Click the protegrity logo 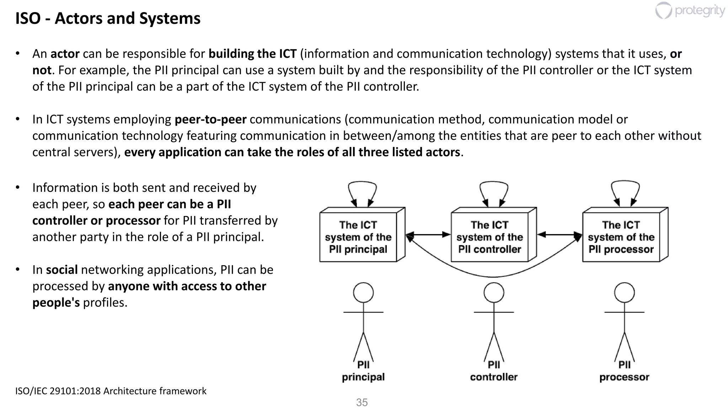coord(690,11)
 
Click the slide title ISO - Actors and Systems coord(108,19)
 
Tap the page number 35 coord(362,403)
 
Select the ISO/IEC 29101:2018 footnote coord(111,391)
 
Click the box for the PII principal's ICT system coord(358,237)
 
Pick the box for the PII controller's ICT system coord(489,237)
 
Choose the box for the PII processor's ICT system coord(621,237)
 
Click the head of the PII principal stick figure coord(363,293)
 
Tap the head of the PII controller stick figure coord(494,293)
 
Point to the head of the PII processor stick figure coord(625,293)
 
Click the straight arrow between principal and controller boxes coord(428,235)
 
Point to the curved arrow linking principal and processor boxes coord(493,276)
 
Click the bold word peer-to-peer coord(210,119)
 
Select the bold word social coord(62,270)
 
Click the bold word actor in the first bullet coord(65,54)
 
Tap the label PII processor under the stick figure coord(624,371)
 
